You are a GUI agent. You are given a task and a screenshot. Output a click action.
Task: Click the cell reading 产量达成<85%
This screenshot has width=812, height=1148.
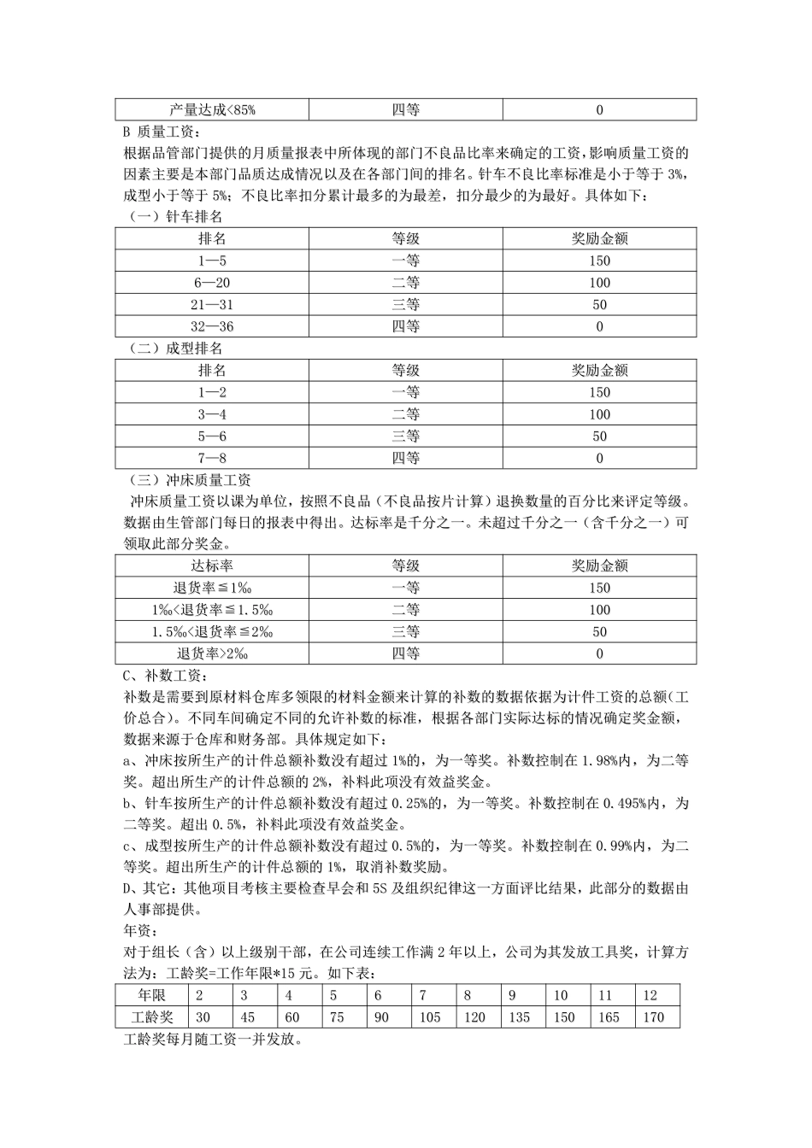point(212,109)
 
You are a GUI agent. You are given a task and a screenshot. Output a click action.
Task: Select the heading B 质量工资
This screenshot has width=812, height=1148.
point(160,132)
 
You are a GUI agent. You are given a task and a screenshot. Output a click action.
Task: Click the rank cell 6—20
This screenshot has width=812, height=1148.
point(212,283)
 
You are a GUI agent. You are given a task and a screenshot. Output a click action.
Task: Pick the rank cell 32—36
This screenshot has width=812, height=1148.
point(212,326)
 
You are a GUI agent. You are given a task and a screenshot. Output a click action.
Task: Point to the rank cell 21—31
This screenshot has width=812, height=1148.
point(212,305)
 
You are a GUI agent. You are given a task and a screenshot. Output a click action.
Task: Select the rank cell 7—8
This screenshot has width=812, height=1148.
point(212,458)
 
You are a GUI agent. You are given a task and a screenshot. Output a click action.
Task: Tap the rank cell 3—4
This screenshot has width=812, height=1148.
point(212,414)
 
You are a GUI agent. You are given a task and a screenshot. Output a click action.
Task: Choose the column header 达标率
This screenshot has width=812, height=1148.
point(212,565)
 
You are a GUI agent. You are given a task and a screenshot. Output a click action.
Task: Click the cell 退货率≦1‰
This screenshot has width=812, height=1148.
point(212,588)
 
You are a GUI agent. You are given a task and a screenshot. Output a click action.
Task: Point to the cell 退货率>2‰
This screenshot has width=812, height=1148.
point(212,653)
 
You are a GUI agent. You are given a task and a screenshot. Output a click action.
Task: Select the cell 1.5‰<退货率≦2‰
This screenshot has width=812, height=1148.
point(212,631)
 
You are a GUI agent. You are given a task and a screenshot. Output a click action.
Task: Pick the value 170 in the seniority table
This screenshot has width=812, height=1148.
point(651,1017)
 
